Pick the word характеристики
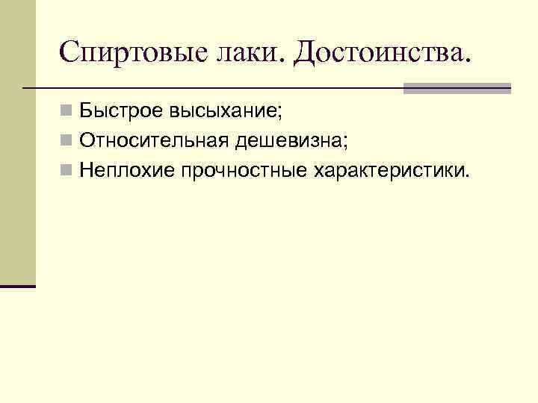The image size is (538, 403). point(389,171)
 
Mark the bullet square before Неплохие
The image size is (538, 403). point(67,171)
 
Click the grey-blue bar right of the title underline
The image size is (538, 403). point(457,88)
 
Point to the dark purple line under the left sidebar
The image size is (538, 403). point(18,286)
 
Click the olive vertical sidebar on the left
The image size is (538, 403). point(17,142)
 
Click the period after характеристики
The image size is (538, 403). point(469,176)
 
